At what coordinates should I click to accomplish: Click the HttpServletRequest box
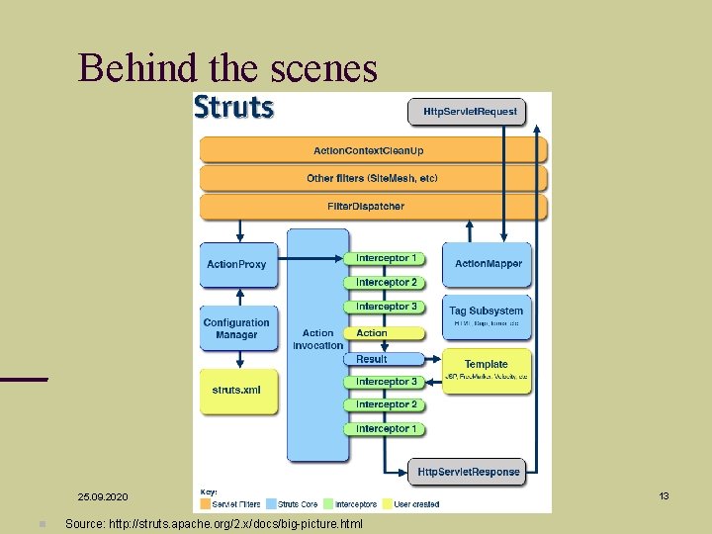coord(470,111)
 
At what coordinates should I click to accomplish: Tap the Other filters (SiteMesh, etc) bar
coord(371,178)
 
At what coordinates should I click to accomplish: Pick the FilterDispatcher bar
coord(366,207)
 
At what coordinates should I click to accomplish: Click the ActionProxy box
coord(236,264)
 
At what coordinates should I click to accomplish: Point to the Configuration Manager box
coord(236,329)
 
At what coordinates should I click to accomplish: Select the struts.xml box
coord(236,390)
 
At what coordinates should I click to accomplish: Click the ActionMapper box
coord(488,264)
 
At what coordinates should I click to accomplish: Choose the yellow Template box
coord(486,368)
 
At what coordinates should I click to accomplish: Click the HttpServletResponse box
coord(467,472)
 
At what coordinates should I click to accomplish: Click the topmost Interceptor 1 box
coord(386,258)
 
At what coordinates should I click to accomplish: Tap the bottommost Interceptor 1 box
coord(386,428)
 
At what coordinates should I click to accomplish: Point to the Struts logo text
coord(234,107)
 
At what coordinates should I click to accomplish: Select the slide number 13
coord(665,495)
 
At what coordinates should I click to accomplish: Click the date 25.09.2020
coord(103,495)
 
